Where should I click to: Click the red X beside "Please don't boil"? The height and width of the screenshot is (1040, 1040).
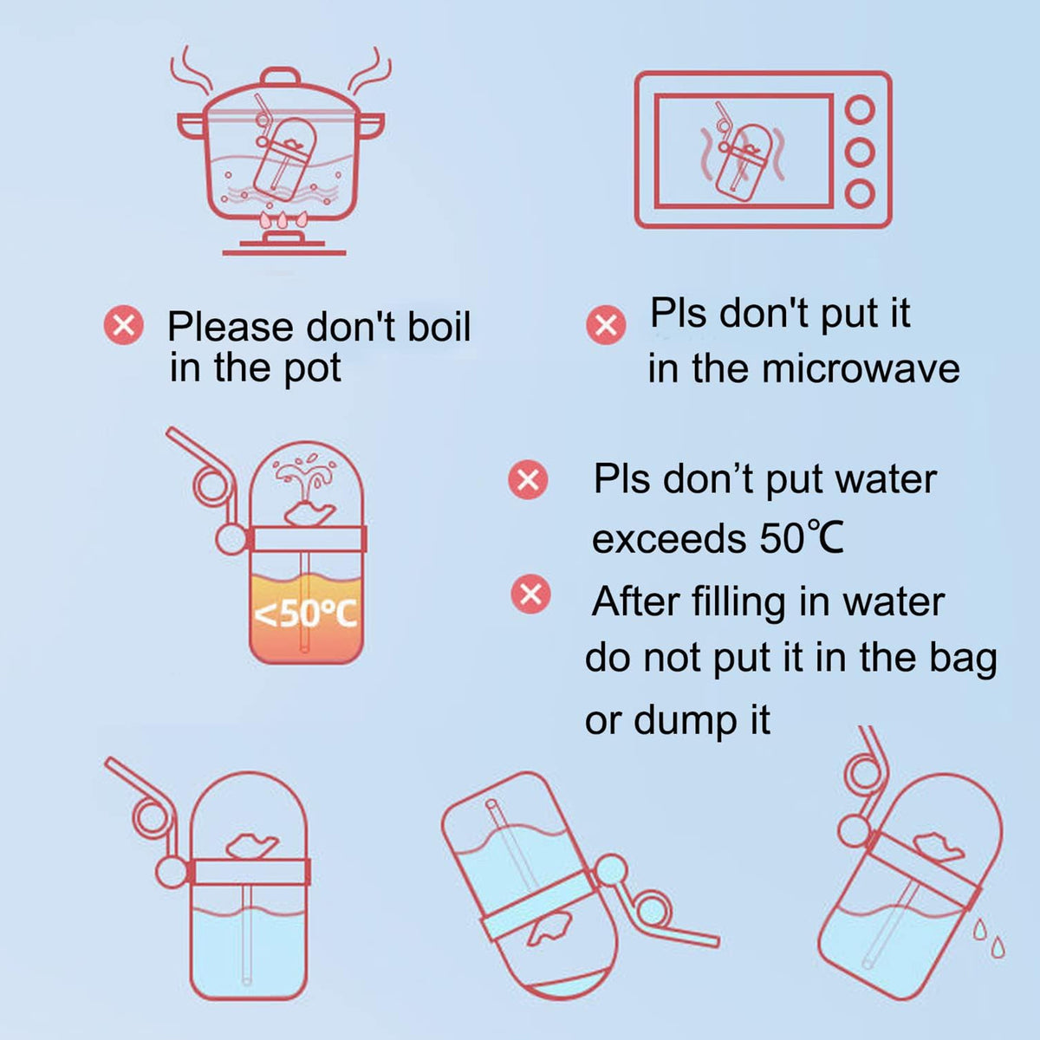pos(124,325)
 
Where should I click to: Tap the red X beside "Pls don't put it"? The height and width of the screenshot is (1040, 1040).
pos(606,325)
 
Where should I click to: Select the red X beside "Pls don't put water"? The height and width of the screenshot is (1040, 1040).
pos(528,479)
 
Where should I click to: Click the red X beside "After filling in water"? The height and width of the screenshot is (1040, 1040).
pos(531,595)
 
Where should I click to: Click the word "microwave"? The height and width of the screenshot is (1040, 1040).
pos(861,369)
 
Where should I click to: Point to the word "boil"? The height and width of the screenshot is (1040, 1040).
pos(439,326)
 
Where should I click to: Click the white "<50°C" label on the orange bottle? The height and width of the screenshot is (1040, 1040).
pos(305,614)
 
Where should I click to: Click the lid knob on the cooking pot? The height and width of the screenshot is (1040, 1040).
pos(281,76)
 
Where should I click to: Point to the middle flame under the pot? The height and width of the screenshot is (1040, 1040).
pos(283,220)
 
